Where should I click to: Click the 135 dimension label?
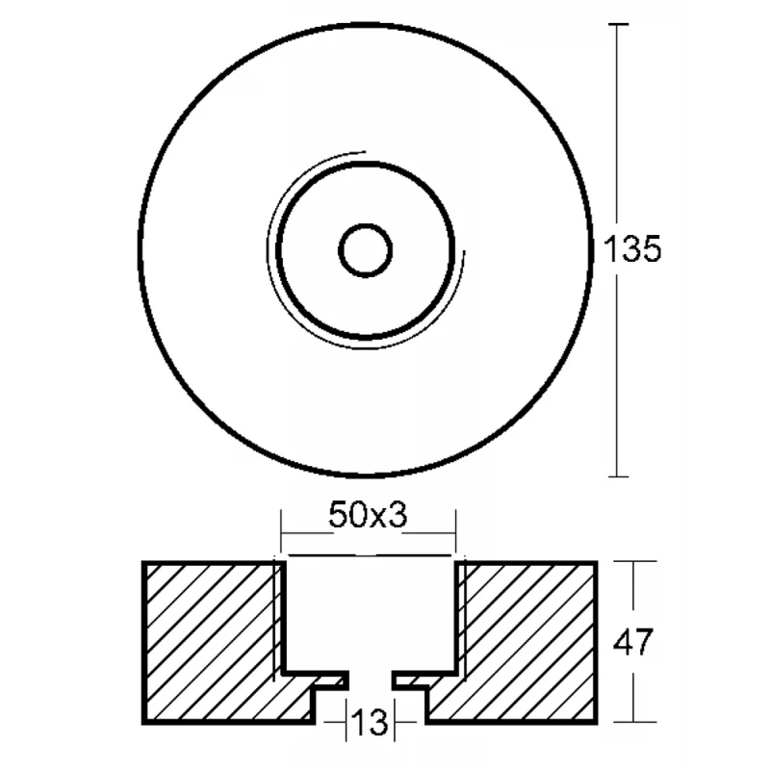click(x=632, y=249)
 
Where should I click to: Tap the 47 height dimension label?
click(x=633, y=642)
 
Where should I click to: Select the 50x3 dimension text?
click(x=368, y=515)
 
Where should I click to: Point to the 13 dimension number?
click(x=371, y=723)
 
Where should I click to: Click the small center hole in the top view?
click(x=366, y=250)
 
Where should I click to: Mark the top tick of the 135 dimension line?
click(x=618, y=23)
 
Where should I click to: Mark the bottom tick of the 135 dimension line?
click(x=618, y=476)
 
